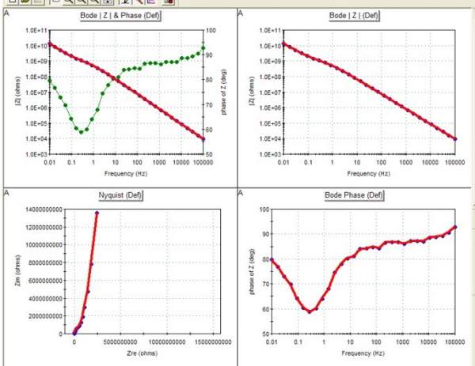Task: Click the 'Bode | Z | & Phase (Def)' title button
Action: pos(120,16)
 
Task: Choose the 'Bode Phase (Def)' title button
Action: pos(354,194)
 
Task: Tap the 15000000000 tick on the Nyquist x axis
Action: pos(192,342)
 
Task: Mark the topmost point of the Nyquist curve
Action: pos(97,213)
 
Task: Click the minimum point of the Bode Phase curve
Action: pos(310,311)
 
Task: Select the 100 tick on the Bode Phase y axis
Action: pos(257,209)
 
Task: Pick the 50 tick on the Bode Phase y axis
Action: pos(257,334)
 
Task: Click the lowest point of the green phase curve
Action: pos(82,131)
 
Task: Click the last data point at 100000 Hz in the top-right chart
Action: pos(454,139)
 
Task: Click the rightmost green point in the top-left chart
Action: pos(203,47)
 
